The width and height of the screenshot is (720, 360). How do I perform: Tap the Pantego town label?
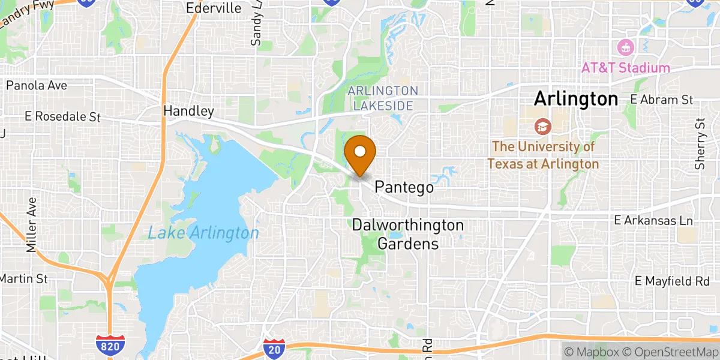click(404, 188)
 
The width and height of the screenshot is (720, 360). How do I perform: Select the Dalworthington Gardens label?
click(408, 235)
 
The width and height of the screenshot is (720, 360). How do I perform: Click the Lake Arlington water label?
click(203, 232)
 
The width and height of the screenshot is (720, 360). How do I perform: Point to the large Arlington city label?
click(575, 99)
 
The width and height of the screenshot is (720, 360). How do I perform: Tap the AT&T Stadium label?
click(625, 68)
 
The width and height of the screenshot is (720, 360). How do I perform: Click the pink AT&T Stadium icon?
click(626, 47)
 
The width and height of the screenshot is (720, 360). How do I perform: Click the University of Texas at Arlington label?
click(543, 155)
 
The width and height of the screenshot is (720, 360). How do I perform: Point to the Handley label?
click(188, 111)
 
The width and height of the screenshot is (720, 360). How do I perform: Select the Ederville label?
click(214, 8)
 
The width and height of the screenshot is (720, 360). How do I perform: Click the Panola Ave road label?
click(36, 85)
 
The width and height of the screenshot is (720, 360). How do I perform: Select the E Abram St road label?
click(661, 100)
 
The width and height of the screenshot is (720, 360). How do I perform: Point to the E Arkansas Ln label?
click(653, 221)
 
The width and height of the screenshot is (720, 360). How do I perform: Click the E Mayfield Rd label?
click(672, 280)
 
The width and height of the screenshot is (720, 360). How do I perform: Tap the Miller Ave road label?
click(31, 227)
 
